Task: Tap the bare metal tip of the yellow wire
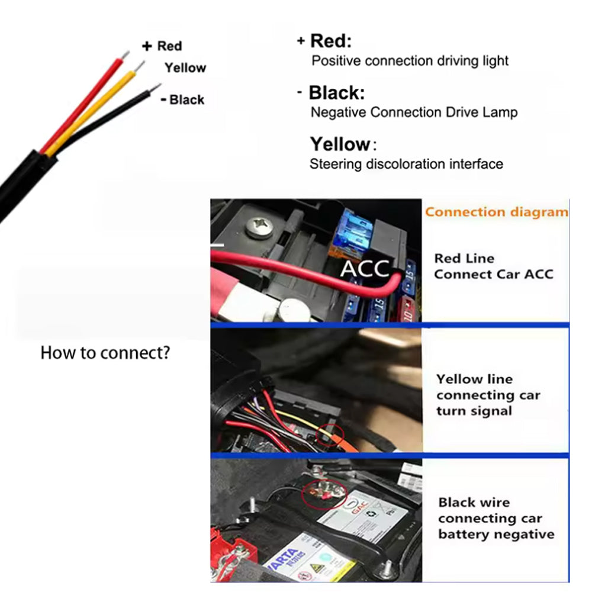pos(140,65)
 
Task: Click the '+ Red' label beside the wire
pos(162,46)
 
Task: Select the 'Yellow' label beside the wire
pos(185,68)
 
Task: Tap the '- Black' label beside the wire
pos(182,99)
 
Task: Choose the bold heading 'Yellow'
pos(340,144)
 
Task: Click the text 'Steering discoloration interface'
pos(406,164)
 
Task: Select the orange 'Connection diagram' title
pos(496,212)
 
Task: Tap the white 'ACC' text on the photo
pos(365,268)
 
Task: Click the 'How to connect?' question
pos(105,353)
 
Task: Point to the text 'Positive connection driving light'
pos(410,60)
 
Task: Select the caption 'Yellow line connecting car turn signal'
pos(488,395)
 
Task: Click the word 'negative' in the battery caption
pos(525,535)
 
